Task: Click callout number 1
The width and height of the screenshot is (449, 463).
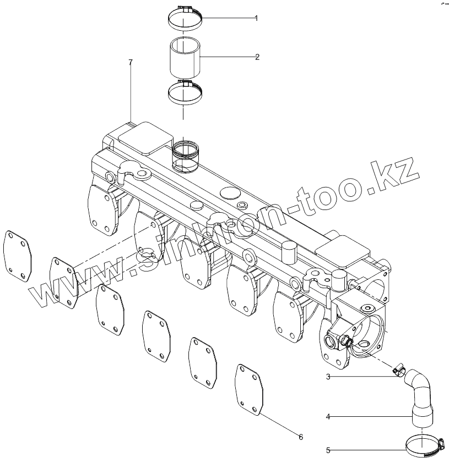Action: point(256,18)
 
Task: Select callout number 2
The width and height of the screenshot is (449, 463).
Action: point(257,57)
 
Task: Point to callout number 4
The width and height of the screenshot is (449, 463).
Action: point(328,417)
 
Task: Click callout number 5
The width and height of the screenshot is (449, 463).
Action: point(328,450)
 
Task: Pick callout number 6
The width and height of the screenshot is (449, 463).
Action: point(301,437)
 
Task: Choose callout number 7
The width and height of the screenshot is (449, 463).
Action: point(131,63)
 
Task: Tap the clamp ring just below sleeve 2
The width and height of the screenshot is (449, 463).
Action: point(185,92)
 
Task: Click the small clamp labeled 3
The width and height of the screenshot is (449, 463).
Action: point(399,372)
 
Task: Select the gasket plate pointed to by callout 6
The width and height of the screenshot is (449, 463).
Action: point(251,388)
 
